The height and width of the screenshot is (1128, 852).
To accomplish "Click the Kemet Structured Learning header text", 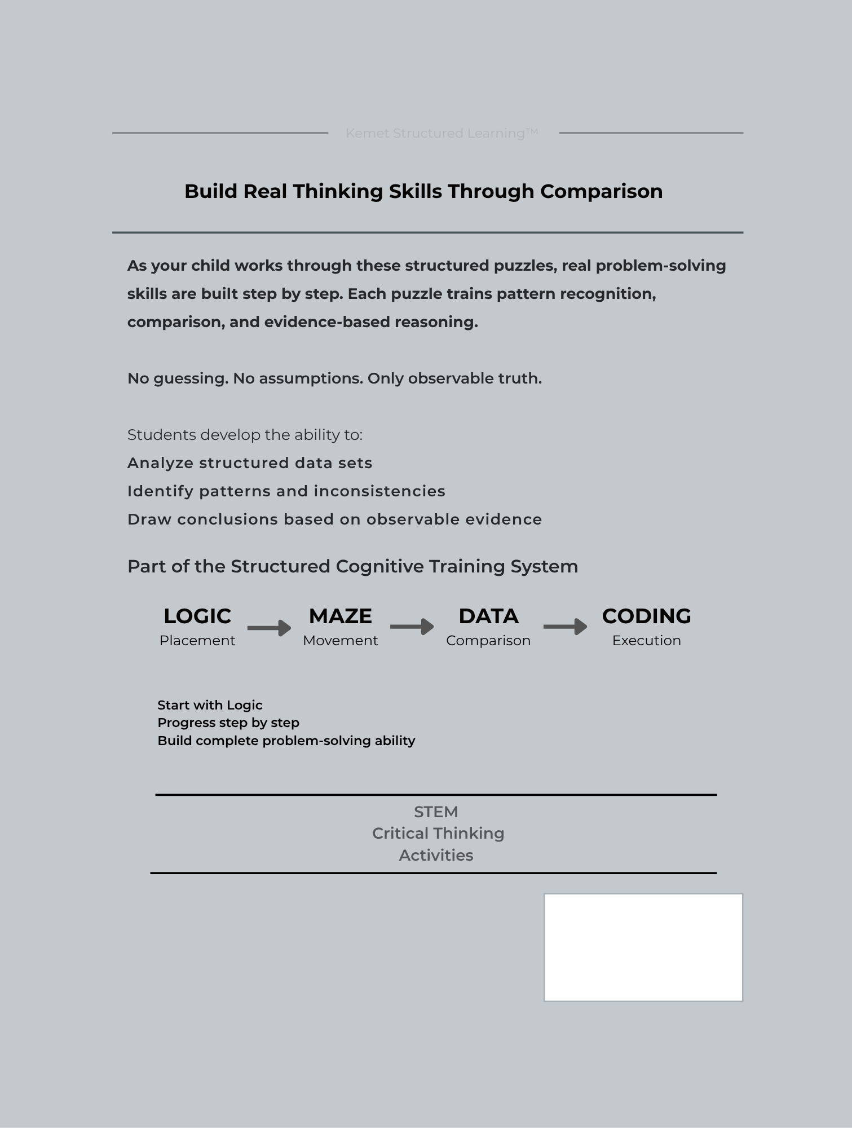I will click(x=442, y=133).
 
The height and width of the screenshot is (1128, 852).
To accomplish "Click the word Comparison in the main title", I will click(x=601, y=191).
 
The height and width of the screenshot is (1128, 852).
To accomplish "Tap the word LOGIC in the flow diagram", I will click(x=197, y=616).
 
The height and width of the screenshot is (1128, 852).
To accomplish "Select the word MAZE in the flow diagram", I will click(x=341, y=616).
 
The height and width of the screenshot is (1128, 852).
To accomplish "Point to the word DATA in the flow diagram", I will click(x=488, y=616).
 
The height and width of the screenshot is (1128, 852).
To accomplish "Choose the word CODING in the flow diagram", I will click(x=646, y=616).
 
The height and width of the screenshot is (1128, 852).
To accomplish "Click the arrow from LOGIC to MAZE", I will click(x=269, y=628).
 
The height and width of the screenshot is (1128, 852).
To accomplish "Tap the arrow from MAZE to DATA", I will click(x=412, y=627).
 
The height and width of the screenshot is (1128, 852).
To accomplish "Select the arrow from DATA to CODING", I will click(x=565, y=627).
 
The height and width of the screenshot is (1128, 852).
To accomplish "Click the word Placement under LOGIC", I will click(x=197, y=641).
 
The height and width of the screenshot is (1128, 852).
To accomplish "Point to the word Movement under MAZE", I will click(x=341, y=641).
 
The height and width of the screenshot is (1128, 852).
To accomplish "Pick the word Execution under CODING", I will click(x=646, y=641).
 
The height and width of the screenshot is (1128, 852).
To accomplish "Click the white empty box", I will click(x=643, y=948).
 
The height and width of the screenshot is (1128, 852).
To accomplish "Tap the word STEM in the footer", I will click(x=436, y=812).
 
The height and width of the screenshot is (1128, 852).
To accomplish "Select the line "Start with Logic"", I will click(x=210, y=705).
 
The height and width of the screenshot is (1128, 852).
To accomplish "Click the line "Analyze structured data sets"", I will click(x=250, y=463).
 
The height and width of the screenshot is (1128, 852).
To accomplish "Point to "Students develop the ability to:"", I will click(x=245, y=435).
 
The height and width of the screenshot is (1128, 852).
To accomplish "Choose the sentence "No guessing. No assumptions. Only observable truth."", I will click(x=334, y=378).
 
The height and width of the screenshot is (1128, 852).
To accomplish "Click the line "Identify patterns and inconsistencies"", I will click(x=286, y=491).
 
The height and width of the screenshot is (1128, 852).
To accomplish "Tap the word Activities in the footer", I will click(x=436, y=856).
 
